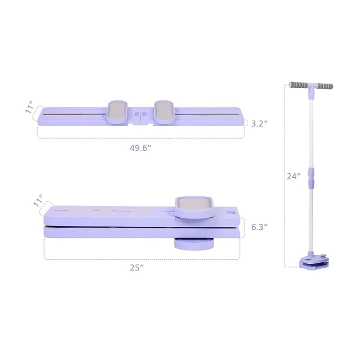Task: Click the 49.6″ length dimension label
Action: pos(140,148)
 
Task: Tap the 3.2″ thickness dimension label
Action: pos(259,124)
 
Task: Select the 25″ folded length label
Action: pos(137,268)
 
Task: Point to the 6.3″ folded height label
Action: pos(259,227)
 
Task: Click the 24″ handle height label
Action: pos(293,176)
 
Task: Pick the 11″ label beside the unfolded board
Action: pos(30,107)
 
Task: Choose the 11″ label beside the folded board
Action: pos(38,201)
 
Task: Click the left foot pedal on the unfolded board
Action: pos(118,112)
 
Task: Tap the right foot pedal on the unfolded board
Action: pos(164,112)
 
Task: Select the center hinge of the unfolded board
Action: pos(141,116)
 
